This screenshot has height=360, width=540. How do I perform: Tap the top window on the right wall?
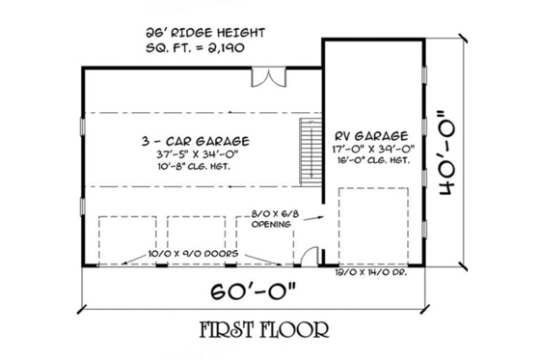(424, 75)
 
